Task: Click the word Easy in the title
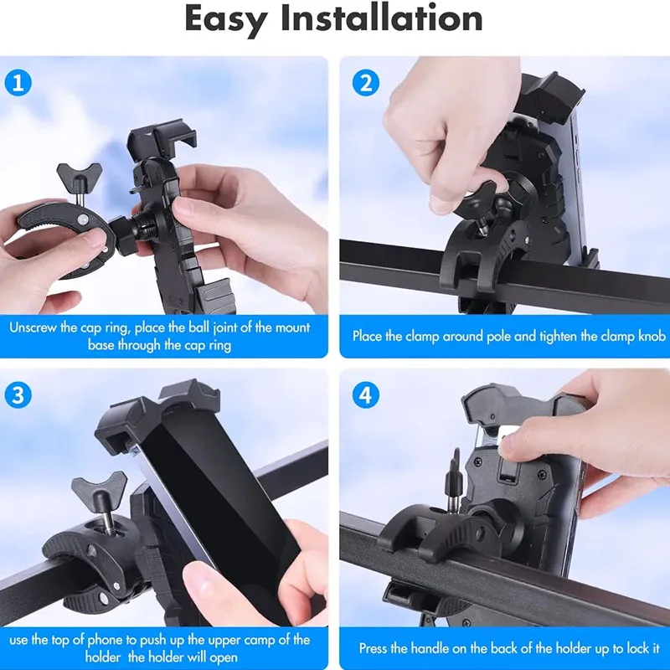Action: click(x=226, y=20)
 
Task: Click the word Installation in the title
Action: click(x=382, y=18)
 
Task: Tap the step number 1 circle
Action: click(x=18, y=83)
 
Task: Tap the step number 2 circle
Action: click(x=366, y=83)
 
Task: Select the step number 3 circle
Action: click(x=18, y=395)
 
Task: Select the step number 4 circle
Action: click(x=366, y=395)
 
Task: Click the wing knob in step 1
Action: click(x=80, y=173)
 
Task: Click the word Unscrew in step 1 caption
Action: click(x=33, y=327)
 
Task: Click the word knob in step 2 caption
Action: click(x=652, y=337)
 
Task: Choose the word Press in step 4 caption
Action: click(x=373, y=648)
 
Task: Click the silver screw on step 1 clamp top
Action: click(x=82, y=220)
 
